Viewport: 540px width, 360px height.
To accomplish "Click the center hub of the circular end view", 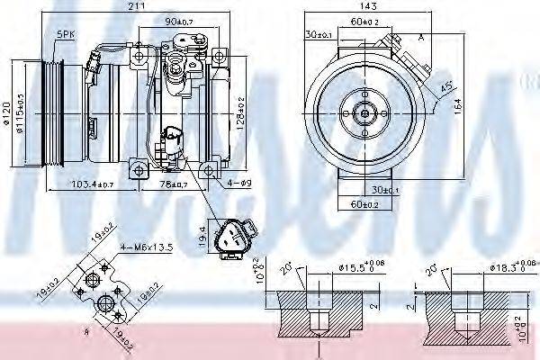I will click(364, 113).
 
